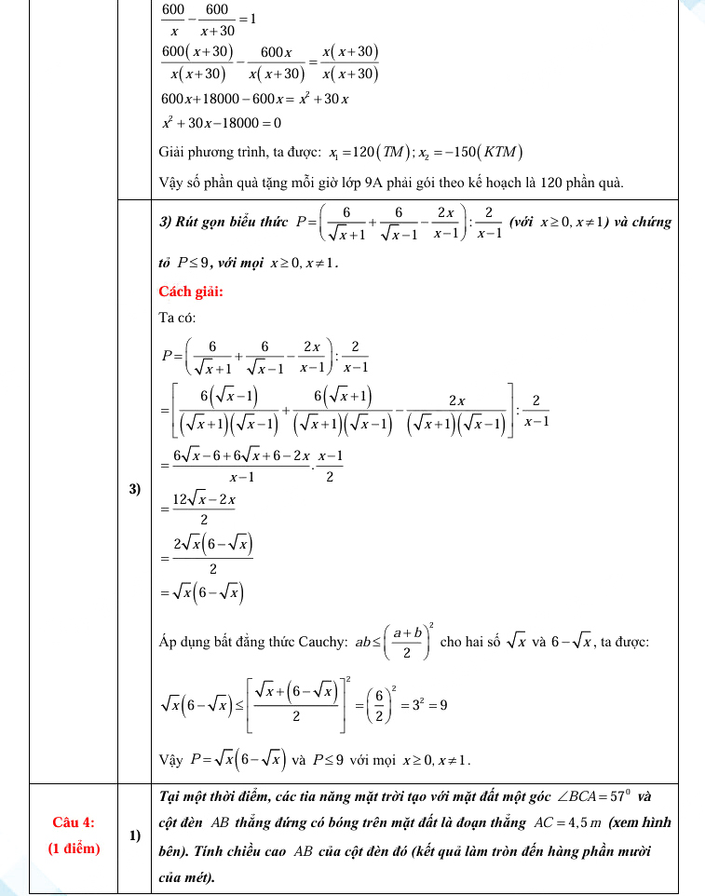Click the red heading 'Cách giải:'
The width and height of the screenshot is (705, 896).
(x=191, y=292)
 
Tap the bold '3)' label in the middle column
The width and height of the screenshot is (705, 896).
(x=134, y=490)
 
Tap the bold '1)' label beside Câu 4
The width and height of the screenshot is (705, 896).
(x=134, y=835)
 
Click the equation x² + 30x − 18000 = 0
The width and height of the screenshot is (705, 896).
(x=222, y=122)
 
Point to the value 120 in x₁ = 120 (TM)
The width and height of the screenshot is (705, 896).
(x=364, y=152)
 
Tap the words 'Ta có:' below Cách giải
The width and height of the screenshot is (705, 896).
(x=178, y=318)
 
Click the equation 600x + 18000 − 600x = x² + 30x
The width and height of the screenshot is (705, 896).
(x=255, y=99)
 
